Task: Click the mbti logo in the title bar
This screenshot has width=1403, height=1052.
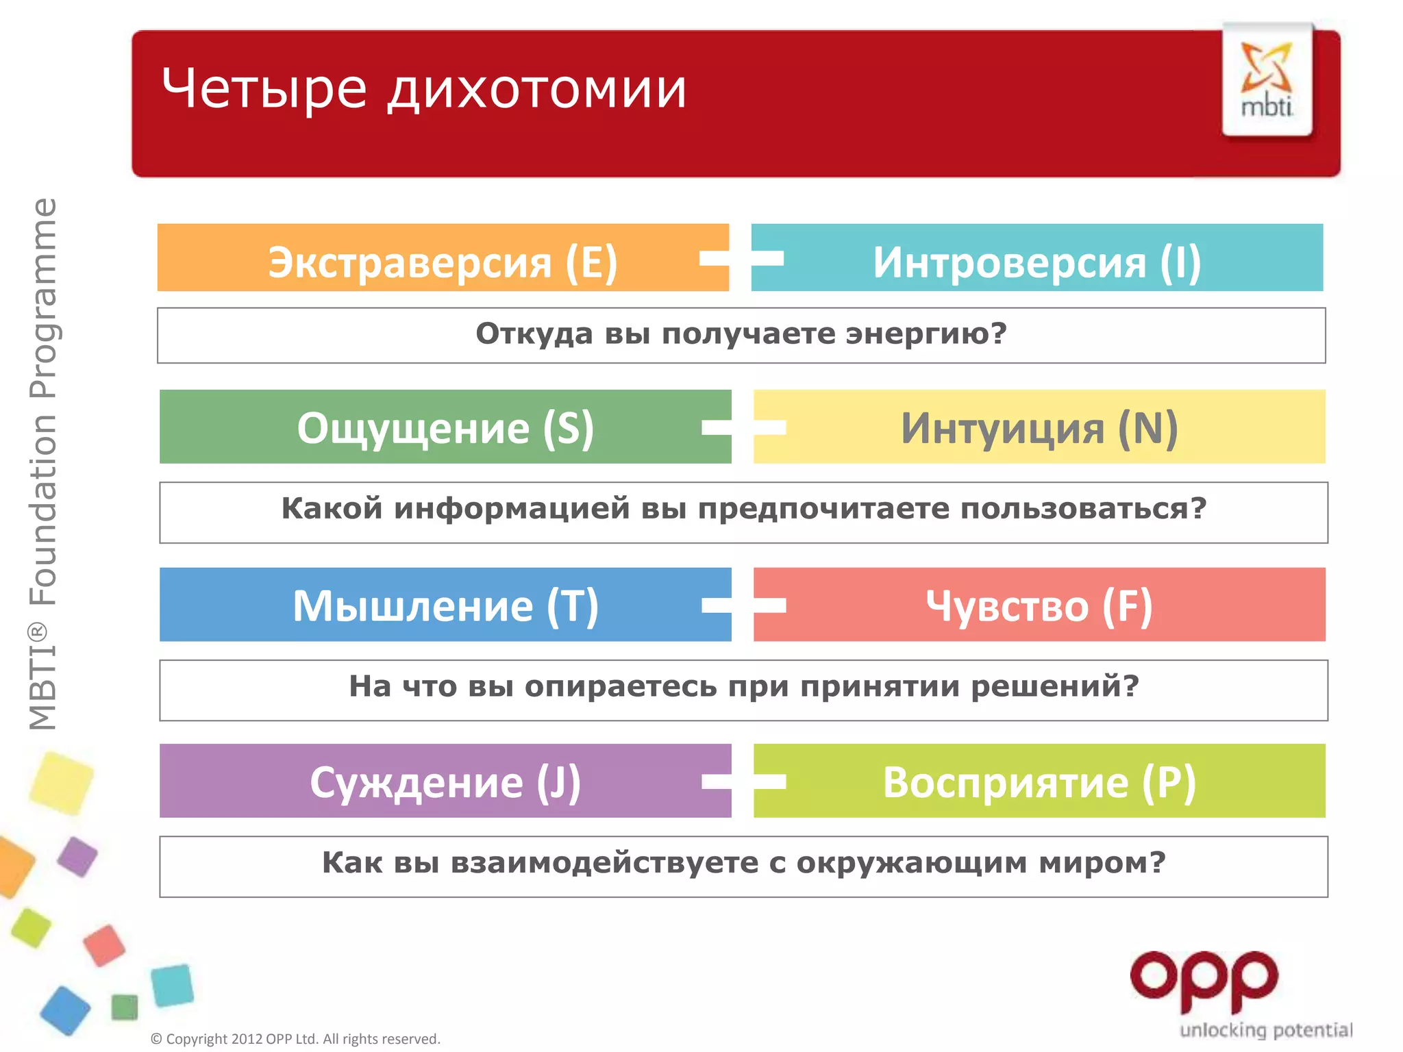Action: pos(1267,79)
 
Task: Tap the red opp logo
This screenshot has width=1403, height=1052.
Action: pos(1204,980)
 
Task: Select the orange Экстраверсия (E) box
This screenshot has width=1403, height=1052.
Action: pos(443,258)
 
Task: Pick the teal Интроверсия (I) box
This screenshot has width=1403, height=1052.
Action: pos(1036,258)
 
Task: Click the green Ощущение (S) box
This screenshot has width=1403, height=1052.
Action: pos(445,427)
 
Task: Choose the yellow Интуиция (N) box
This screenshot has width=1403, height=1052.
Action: pos(1039,427)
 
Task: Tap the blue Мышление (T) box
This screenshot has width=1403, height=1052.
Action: pos(445,605)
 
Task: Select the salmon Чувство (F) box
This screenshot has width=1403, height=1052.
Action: pos(1039,605)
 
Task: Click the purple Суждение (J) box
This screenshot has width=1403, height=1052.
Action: pos(445,781)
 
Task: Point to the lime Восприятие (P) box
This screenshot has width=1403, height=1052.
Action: pos(1039,781)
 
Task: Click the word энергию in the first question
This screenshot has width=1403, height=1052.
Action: pos(926,334)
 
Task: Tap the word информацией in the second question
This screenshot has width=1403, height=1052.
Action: pos(512,509)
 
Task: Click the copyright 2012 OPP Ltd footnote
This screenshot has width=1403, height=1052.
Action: pos(295,1039)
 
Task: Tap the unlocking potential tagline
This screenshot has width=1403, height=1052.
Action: pos(1265,1030)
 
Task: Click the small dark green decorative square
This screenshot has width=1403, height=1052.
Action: pos(125,1007)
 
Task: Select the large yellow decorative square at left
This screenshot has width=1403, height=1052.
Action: pos(62,783)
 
